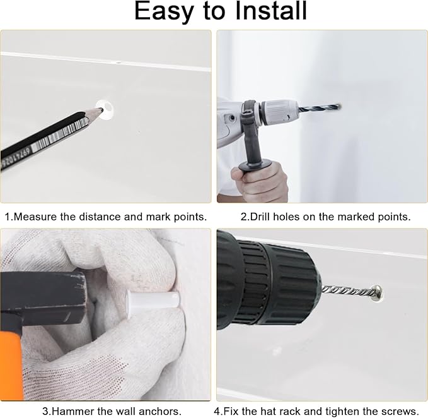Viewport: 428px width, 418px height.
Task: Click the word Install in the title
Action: [271, 11]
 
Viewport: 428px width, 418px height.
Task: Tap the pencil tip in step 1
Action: [100, 109]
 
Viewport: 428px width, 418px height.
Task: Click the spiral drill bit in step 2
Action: [319, 108]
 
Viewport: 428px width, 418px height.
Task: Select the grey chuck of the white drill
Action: [279, 112]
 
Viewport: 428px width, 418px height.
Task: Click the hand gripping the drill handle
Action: [259, 181]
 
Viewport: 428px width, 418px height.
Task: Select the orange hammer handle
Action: [11, 366]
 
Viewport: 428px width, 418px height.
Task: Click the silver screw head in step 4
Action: [377, 293]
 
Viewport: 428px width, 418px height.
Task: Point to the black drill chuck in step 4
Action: [275, 284]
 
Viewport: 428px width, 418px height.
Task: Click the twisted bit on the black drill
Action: [347, 291]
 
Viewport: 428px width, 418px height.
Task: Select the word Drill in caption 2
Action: [260, 217]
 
